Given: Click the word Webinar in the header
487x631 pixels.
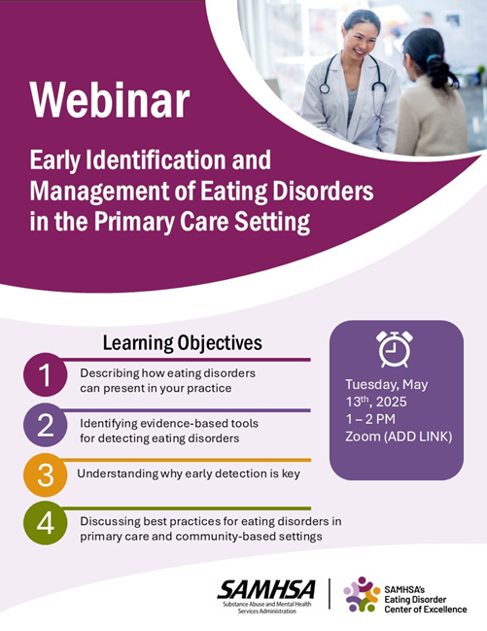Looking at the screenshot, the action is (110, 100).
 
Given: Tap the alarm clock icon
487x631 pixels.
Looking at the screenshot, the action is (395, 349).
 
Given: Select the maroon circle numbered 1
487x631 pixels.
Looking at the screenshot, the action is (45, 375).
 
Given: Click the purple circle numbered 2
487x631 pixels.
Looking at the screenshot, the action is (45, 425).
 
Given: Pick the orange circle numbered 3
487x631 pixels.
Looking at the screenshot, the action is (45, 474).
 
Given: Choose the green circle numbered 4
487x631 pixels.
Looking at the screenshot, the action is (45, 523).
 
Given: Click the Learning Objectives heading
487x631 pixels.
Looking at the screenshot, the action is (183, 343).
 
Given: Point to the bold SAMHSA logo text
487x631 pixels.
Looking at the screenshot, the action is (266, 590).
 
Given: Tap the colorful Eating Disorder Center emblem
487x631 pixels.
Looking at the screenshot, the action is (362, 594).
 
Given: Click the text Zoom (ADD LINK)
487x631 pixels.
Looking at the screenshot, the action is (399, 437).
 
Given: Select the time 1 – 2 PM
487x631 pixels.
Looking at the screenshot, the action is (370, 419).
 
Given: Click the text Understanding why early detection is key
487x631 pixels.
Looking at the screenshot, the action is (189, 473).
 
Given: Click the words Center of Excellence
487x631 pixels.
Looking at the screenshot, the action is (426, 610).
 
